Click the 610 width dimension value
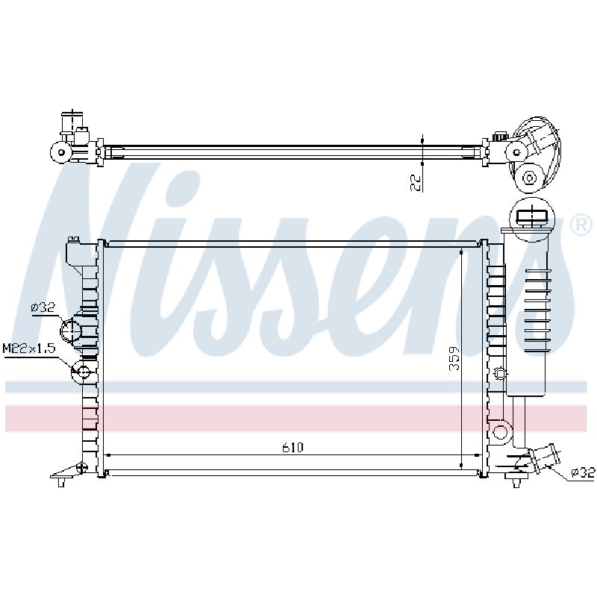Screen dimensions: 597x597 (x=293, y=447)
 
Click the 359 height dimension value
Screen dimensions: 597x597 (x=454, y=358)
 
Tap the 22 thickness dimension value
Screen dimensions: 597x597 (x=416, y=183)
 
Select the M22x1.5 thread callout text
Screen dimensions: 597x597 (x=29, y=348)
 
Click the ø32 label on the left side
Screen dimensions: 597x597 (x=43, y=307)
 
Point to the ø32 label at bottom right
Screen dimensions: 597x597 (x=583, y=472)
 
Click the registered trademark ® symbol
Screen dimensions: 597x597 (x=581, y=225)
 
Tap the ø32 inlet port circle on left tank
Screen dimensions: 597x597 (x=71, y=330)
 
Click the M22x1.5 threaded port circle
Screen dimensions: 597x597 (x=83, y=371)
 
